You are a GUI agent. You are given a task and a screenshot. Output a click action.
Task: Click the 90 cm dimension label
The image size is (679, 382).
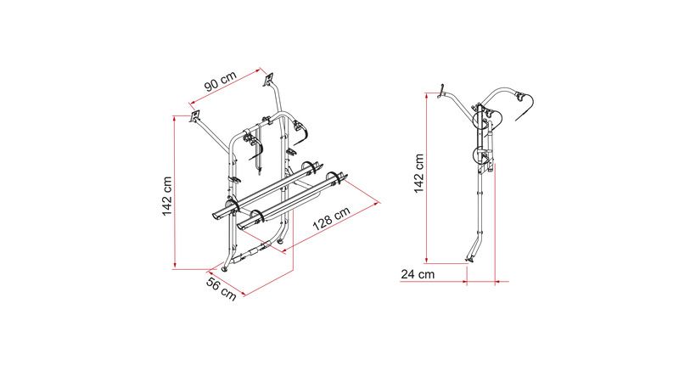(x=221, y=81)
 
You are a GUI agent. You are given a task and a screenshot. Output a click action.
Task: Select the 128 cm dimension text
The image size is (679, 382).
(x=331, y=218)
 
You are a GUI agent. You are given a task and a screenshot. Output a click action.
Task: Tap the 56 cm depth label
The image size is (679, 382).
(x=222, y=289)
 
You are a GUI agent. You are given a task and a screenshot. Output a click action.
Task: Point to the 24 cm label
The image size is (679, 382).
(x=418, y=274)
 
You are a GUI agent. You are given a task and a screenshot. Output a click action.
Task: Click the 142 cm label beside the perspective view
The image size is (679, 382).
(x=167, y=196)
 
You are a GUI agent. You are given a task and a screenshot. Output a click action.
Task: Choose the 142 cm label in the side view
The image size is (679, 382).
(x=418, y=173)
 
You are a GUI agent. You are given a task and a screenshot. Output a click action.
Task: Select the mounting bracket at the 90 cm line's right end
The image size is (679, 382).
(x=269, y=79)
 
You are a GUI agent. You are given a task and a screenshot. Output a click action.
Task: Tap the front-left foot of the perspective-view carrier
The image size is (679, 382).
(x=224, y=269)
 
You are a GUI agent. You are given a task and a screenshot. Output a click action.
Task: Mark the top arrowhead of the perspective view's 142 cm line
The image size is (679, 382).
(x=175, y=118)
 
